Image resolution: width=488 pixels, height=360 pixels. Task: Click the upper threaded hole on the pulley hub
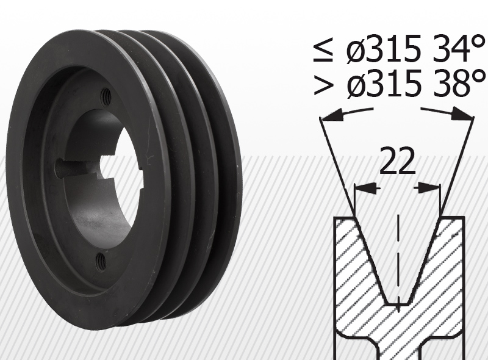point(106,96)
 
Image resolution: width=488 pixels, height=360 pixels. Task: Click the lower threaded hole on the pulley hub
point(101,262)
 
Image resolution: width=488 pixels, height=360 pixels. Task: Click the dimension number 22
point(398,161)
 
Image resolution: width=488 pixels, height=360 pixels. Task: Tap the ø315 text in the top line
point(384,49)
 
